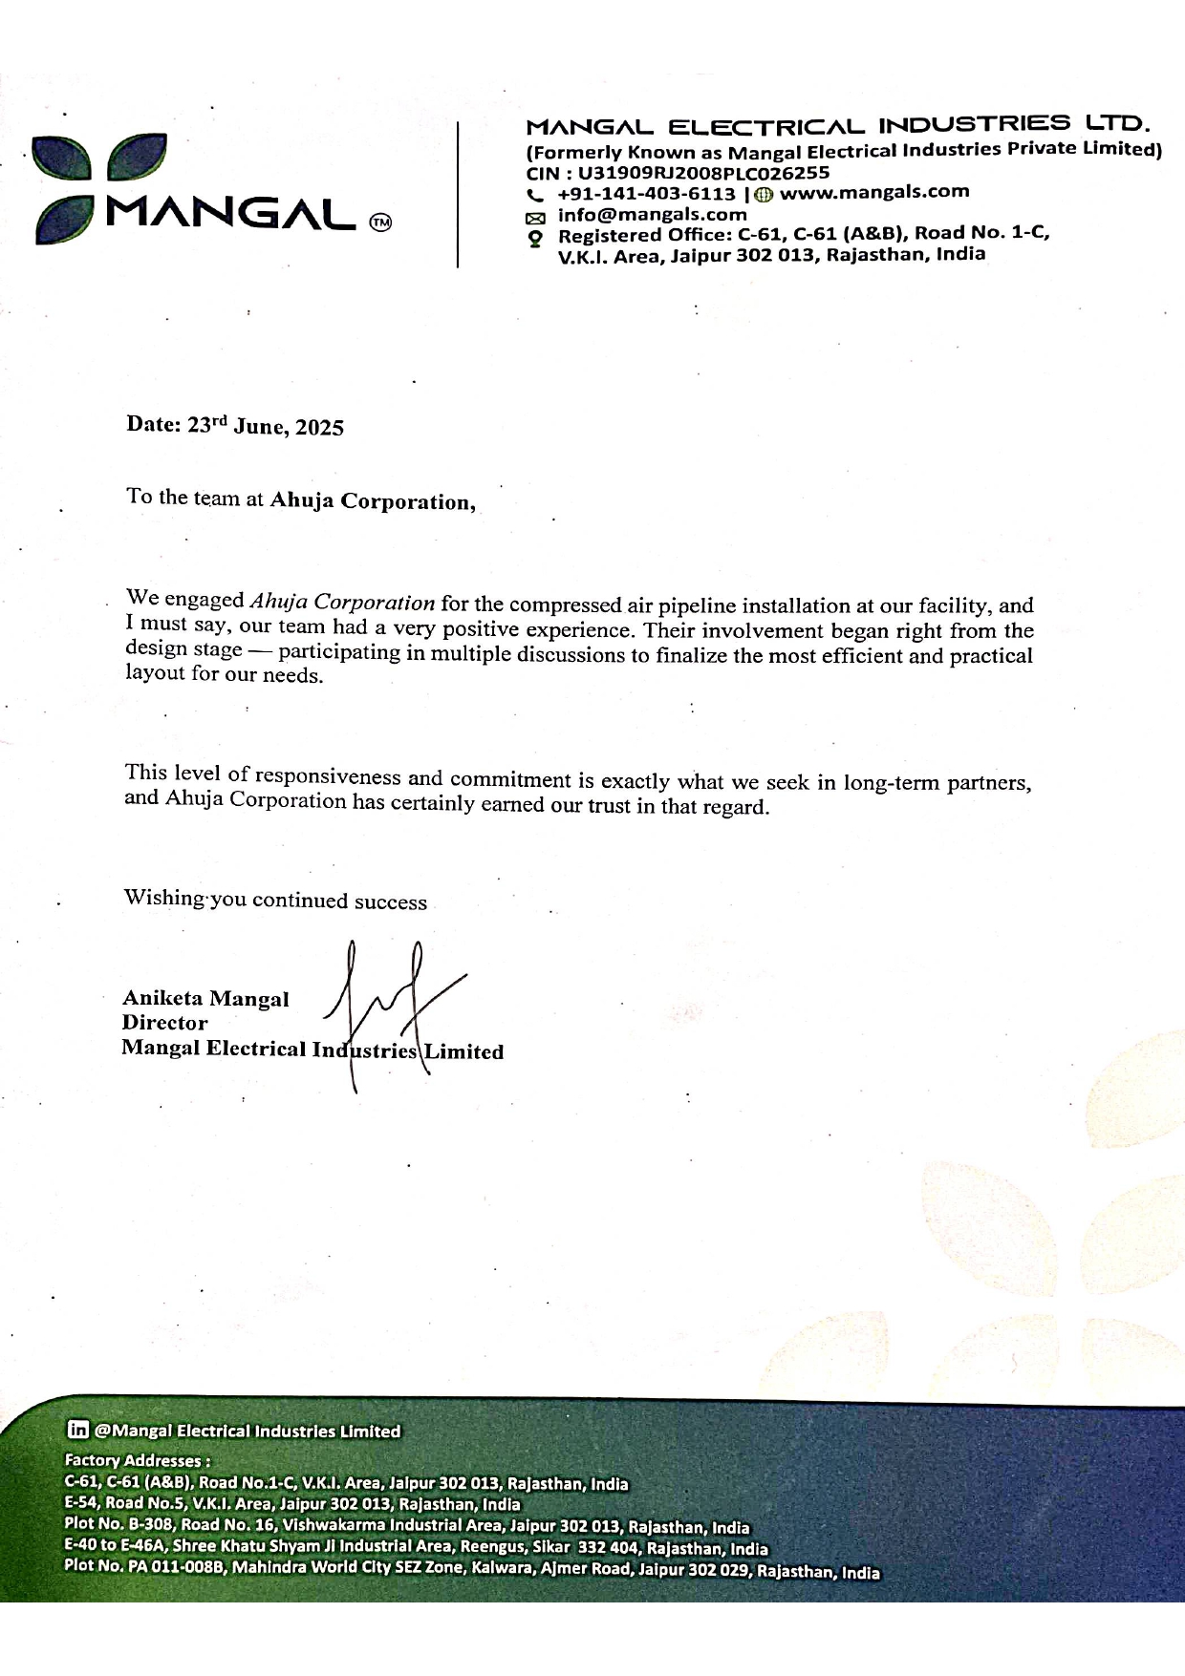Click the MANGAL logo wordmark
coord(233,215)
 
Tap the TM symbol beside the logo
coord(380,223)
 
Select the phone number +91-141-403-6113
coord(646,194)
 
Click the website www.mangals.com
coord(874,191)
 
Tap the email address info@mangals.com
coord(652,215)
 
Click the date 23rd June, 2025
coord(265,426)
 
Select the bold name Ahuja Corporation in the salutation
coord(372,501)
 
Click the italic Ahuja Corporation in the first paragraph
coord(342,603)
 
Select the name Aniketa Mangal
coord(205,999)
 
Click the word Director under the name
coord(164,1023)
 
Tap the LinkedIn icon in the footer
coord(78,1430)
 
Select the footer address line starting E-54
coord(292,1503)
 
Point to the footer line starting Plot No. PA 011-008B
coord(472,1570)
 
